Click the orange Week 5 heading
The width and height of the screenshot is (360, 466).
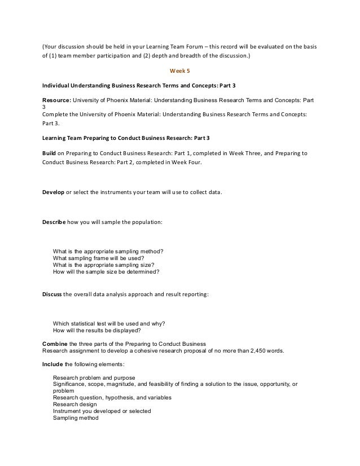coord(179,71)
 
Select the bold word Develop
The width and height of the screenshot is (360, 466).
coord(54,192)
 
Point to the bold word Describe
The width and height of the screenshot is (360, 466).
coord(55,222)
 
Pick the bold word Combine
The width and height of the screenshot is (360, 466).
coord(56,344)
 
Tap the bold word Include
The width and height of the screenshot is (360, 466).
coord(54,363)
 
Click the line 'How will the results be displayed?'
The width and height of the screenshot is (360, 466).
coord(100,331)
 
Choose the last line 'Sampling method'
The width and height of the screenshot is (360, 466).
coord(76,418)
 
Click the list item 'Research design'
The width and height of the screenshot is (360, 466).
coord(74,405)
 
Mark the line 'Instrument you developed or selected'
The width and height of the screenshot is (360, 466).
coord(102,411)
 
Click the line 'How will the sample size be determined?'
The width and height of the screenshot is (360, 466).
coord(106,271)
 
